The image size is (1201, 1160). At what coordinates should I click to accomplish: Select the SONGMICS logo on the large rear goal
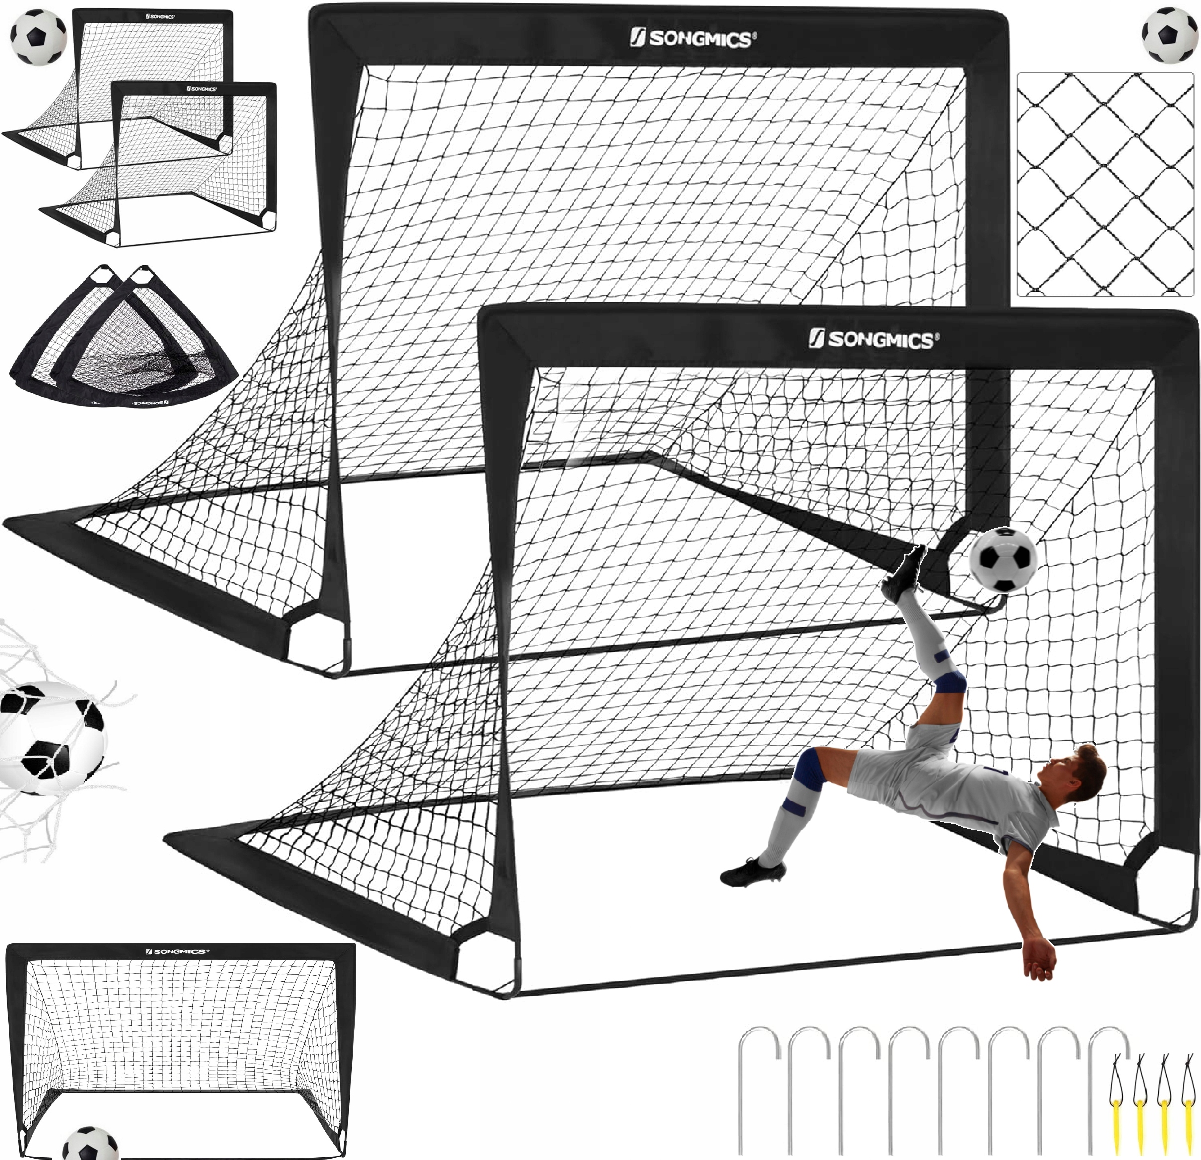tap(693, 39)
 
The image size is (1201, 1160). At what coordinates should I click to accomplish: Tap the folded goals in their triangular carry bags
tap(123, 337)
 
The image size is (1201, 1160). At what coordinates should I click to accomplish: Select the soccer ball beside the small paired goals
tap(38, 36)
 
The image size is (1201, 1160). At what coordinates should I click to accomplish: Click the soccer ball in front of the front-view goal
tap(90, 1143)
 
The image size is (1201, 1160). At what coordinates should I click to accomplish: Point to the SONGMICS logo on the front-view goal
tap(177, 951)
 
